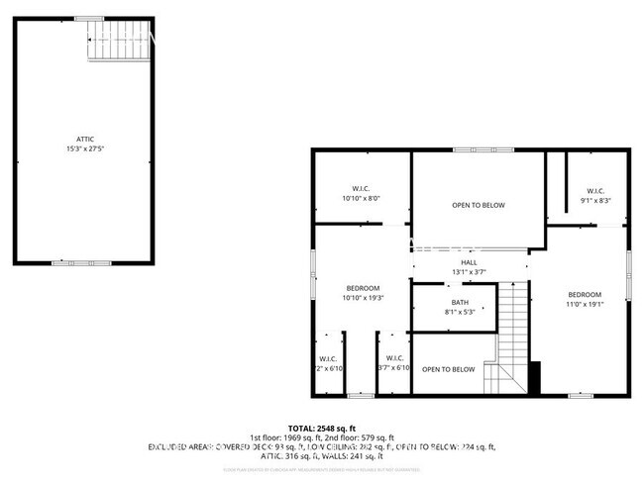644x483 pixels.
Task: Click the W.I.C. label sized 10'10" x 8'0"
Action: click(361, 189)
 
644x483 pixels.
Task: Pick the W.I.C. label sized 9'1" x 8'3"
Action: click(594, 191)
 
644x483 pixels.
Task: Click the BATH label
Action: click(460, 302)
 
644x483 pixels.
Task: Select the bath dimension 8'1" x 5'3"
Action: click(460, 312)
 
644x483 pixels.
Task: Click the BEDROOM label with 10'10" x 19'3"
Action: click(363, 288)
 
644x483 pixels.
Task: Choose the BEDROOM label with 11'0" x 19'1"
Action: click(584, 295)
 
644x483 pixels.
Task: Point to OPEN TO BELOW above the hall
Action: click(479, 205)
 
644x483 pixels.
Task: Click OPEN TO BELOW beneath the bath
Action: click(448, 369)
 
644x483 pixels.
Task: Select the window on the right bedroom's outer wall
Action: click(628, 274)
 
